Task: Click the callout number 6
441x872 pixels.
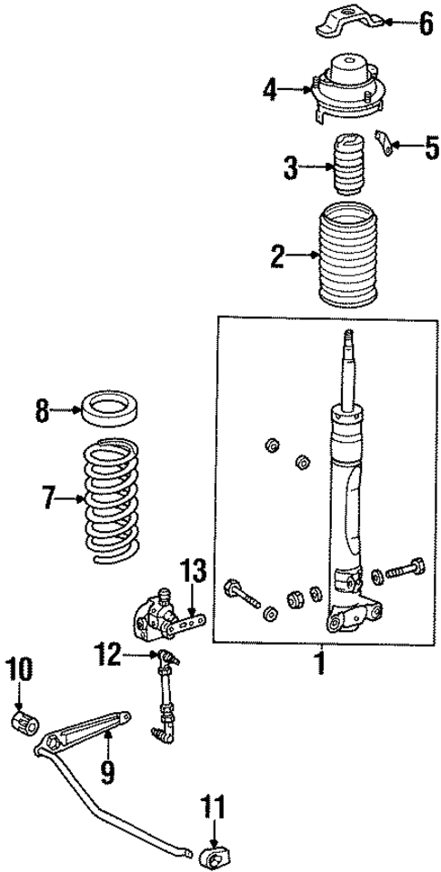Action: (x=426, y=23)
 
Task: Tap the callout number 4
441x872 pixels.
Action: (x=270, y=89)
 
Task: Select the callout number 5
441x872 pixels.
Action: (x=432, y=146)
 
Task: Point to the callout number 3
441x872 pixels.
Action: (x=290, y=168)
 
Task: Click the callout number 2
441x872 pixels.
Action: (x=278, y=257)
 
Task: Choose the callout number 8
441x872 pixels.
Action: (x=42, y=412)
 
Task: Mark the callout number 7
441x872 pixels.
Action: (x=47, y=498)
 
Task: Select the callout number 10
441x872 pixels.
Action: (x=20, y=671)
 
